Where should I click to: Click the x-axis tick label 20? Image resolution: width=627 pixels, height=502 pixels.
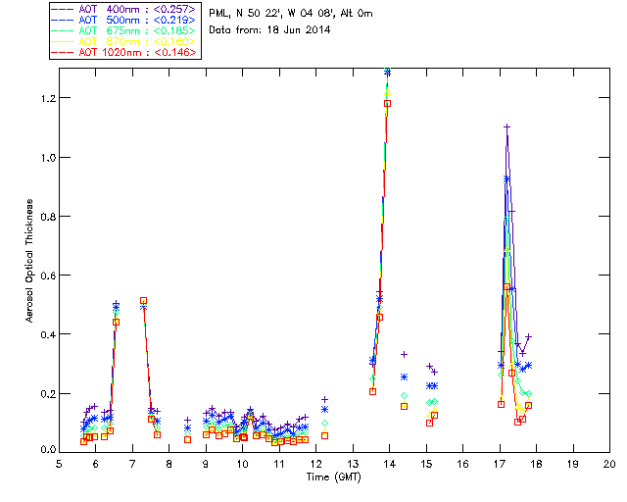609,463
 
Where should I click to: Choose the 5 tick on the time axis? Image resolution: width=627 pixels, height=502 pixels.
59,463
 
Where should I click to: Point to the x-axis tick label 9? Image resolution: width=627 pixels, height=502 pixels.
206,463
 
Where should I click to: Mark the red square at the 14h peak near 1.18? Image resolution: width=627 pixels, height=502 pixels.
388,103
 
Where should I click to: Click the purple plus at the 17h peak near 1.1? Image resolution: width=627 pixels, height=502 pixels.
506,126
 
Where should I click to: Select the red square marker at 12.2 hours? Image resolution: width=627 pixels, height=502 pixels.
324,435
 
